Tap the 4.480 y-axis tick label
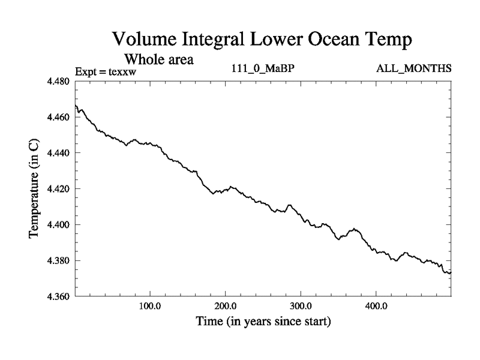pyautogui.click(x=59, y=82)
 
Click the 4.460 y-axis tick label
pyautogui.click(x=59, y=118)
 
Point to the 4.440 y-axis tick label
pyautogui.click(x=59, y=154)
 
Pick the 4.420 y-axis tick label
pyautogui.click(x=59, y=189)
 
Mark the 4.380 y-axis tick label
pyautogui.click(x=59, y=261)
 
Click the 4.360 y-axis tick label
pyautogui.click(x=59, y=297)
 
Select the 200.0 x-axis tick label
pyautogui.click(x=225, y=307)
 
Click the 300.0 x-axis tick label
pyautogui.click(x=301, y=307)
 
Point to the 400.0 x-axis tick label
pyautogui.click(x=376, y=307)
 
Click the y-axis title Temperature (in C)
pyautogui.click(x=34, y=189)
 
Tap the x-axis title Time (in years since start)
pyautogui.click(x=263, y=322)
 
